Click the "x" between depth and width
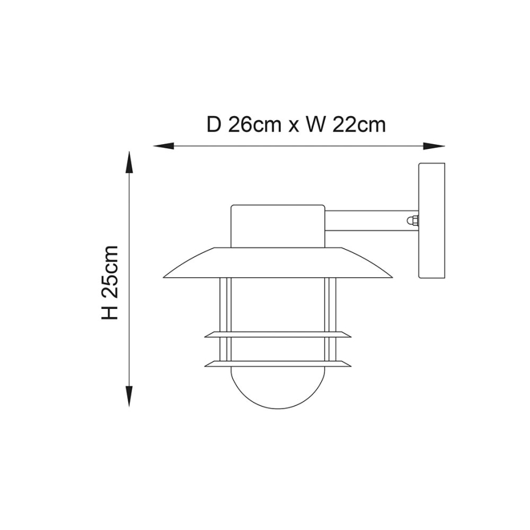(294, 126)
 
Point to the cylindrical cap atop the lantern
(277, 225)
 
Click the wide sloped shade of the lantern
(278, 263)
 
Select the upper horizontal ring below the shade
(278, 335)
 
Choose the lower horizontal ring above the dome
(278, 365)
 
